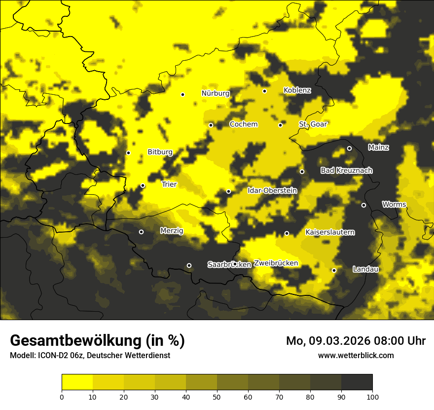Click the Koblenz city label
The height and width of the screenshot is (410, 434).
tap(297, 90)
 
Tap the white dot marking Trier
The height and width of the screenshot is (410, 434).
tap(143, 186)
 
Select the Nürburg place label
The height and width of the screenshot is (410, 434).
tap(216, 93)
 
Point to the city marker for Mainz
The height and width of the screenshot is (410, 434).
tap(349, 148)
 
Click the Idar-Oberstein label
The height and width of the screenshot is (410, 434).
tap(272, 191)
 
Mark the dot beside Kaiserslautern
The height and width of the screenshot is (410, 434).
tap(287, 233)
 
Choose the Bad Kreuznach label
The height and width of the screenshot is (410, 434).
tap(346, 171)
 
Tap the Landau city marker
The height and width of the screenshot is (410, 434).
tap(334, 270)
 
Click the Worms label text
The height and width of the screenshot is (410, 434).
tap(394, 205)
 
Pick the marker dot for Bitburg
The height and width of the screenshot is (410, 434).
tap(128, 153)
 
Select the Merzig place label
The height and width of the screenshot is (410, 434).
tap(172, 231)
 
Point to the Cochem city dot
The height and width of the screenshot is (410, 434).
tap(211, 125)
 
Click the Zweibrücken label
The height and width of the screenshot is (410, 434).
tap(276, 263)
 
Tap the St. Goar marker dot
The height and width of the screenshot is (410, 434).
tap(280, 125)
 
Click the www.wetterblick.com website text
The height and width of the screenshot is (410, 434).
tap(356, 355)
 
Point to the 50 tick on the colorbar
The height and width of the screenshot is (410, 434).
tap(217, 396)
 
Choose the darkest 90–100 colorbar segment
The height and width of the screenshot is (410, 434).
tap(357, 382)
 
